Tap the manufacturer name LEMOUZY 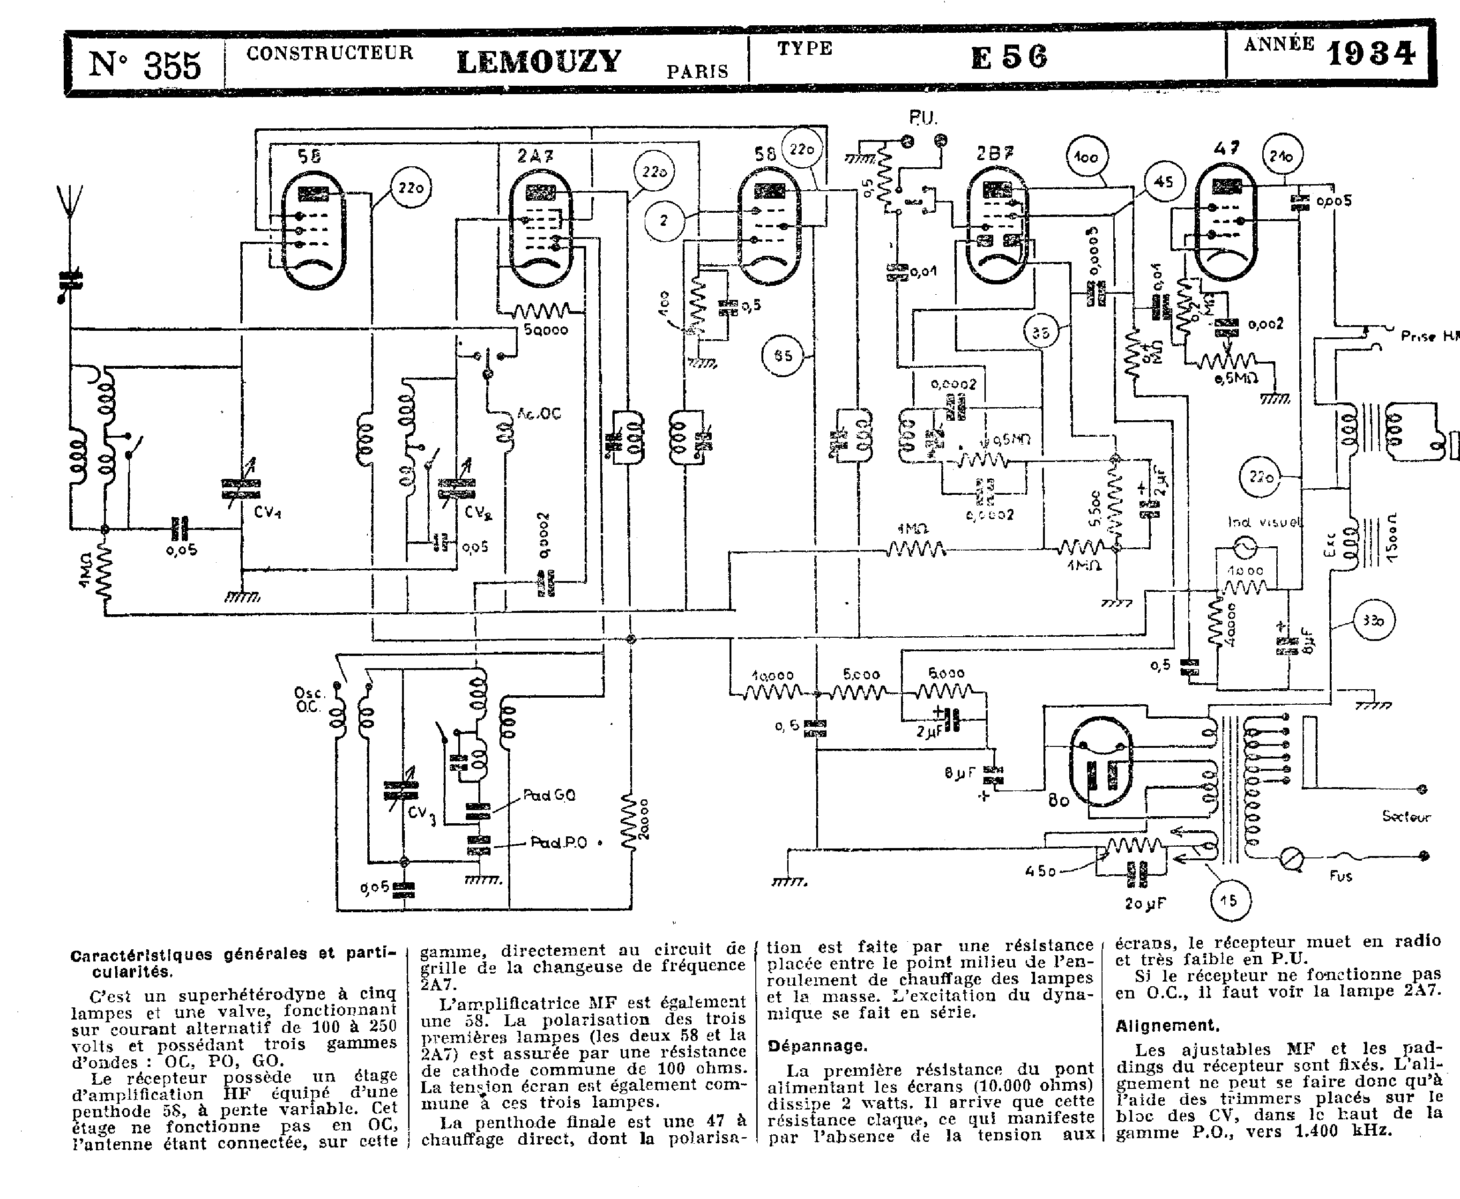tap(539, 61)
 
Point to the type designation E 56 tap(1009, 57)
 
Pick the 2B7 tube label tap(995, 153)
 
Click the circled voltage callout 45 tap(1164, 182)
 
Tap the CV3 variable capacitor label tap(421, 813)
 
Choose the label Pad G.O tap(549, 795)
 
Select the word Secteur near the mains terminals tap(1406, 816)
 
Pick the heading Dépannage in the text tap(817, 1046)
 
